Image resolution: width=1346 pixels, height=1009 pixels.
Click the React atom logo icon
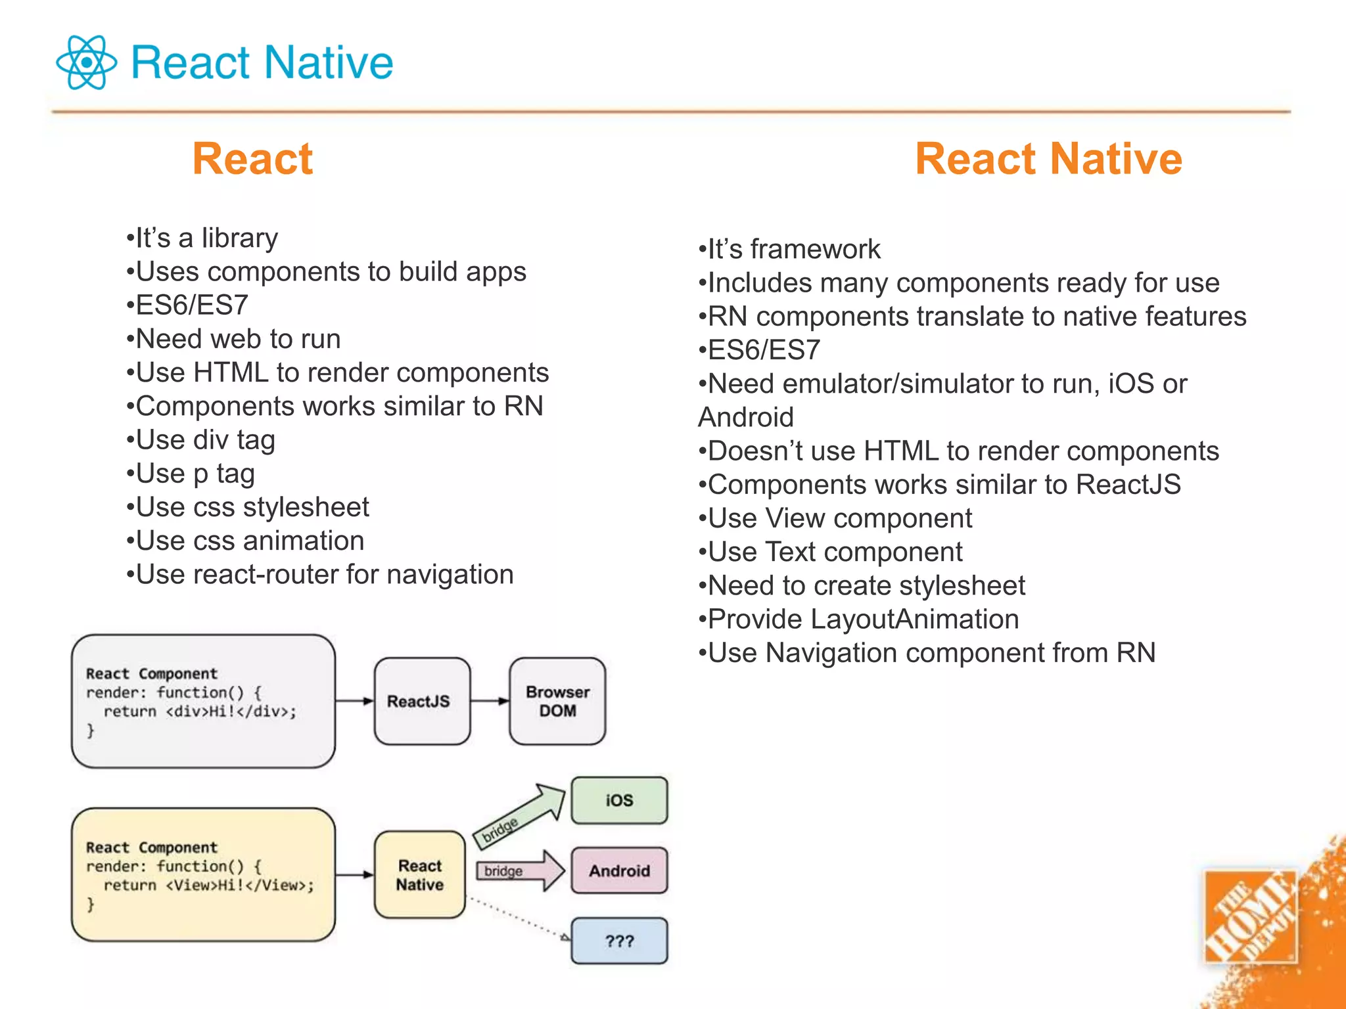(x=86, y=62)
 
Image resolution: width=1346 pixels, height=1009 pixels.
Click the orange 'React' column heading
(x=252, y=159)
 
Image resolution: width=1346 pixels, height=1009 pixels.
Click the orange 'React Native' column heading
(x=1048, y=159)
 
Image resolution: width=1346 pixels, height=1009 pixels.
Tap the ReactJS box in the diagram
(x=422, y=701)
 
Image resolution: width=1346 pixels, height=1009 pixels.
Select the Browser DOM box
(x=557, y=701)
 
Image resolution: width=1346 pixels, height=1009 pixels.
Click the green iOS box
(x=619, y=800)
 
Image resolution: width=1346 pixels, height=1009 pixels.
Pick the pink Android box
(x=619, y=870)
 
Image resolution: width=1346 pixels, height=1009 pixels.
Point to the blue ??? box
(x=619, y=941)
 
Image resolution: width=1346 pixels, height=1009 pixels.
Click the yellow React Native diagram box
(x=420, y=874)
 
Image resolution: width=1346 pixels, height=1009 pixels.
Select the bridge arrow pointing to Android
(x=519, y=870)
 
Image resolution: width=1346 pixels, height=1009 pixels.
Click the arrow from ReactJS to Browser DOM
(x=490, y=701)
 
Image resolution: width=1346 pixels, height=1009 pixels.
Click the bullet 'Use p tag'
(x=195, y=474)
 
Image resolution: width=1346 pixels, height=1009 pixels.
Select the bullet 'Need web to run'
(x=238, y=339)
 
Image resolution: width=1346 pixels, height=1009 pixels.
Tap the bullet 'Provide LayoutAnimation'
(x=863, y=619)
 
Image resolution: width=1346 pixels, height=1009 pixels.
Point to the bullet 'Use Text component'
(x=835, y=552)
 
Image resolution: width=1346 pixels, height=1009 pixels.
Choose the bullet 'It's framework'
(x=793, y=249)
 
